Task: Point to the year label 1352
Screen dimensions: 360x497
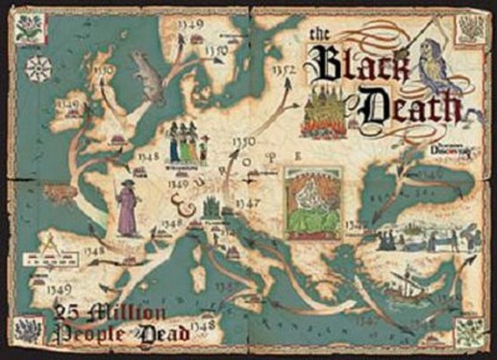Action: pyautogui.click(x=284, y=71)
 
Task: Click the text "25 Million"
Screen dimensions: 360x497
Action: pyautogui.click(x=109, y=314)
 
